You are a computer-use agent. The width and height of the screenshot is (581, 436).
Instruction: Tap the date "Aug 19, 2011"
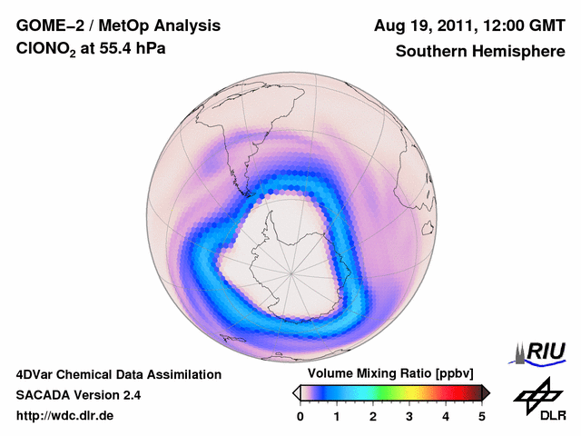[424, 25]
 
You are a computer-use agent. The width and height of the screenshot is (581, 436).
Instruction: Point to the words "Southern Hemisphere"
[480, 52]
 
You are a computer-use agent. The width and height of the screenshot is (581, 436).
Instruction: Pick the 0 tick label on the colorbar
[300, 416]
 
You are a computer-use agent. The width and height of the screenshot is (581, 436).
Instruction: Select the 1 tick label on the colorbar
[337, 416]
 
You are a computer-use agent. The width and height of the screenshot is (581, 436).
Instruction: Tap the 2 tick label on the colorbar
[373, 416]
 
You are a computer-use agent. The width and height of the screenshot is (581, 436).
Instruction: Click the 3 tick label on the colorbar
[409, 416]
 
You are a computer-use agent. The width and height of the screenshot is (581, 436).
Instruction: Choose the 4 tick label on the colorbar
[446, 416]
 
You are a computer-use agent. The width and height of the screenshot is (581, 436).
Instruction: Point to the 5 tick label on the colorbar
[482, 416]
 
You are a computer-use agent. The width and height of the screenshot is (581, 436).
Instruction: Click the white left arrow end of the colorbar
[295, 392]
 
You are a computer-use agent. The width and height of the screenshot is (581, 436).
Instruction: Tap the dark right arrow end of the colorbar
[487, 392]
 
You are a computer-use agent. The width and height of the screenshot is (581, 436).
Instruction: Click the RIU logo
[538, 351]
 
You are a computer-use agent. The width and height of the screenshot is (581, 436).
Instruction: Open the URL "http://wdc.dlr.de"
[65, 416]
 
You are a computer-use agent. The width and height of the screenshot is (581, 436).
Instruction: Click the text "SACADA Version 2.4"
[78, 395]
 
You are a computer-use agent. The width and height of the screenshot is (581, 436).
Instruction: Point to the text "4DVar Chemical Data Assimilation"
[118, 374]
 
